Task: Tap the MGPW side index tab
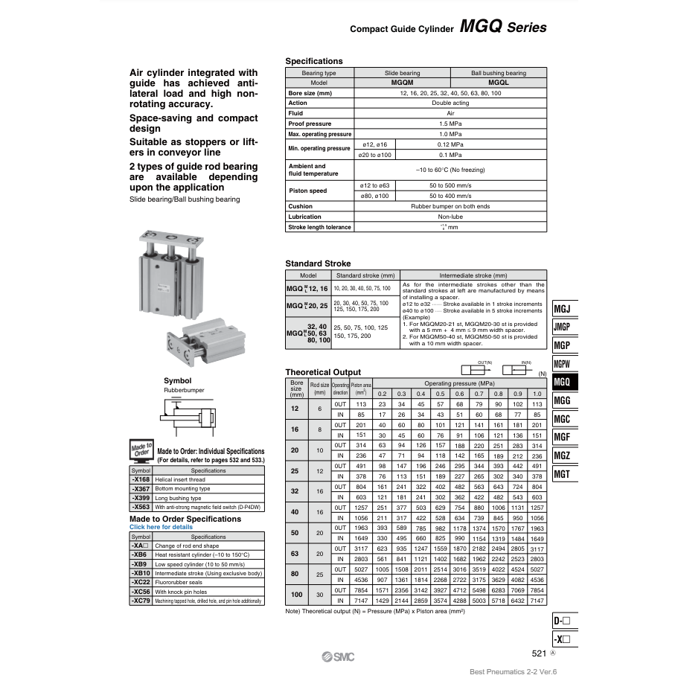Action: tap(563, 364)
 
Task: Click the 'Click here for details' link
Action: tap(161, 527)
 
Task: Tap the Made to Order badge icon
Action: tap(141, 451)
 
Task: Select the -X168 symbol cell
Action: tap(141, 480)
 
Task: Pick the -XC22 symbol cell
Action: tap(141, 583)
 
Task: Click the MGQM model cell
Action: tap(402, 83)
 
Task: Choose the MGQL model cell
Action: tap(498, 83)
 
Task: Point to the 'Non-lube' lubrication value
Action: tap(450, 217)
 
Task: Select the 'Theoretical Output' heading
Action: tap(323, 372)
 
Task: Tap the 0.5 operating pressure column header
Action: tap(440, 394)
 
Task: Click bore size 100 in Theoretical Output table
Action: tap(295, 595)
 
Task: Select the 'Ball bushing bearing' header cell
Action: tap(498, 73)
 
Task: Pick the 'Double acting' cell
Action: tap(450, 103)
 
